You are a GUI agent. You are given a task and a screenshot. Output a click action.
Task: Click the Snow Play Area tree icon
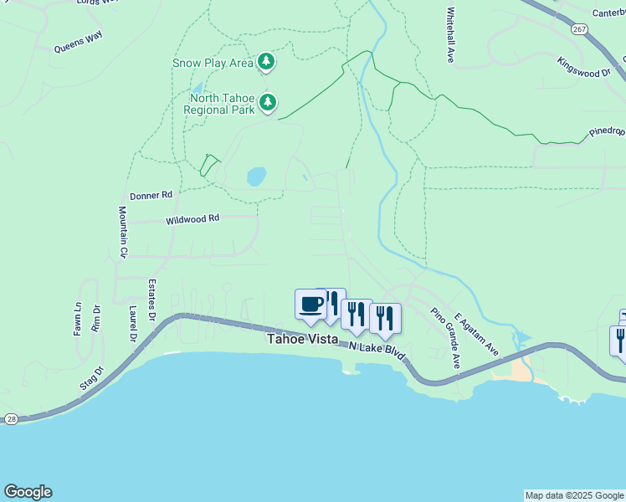coord(266,61)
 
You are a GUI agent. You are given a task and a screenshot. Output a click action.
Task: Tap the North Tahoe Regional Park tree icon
coord(267,103)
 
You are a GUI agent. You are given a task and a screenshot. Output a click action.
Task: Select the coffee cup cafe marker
coord(311,304)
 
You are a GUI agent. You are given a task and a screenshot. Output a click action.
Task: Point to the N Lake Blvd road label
coord(377,351)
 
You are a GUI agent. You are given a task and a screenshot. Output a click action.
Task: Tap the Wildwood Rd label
coord(192,219)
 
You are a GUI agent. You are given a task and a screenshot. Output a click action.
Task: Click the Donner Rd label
coord(151,194)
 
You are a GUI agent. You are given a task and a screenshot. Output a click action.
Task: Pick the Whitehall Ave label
coord(450,36)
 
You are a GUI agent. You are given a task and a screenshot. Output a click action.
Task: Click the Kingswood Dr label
coord(584,66)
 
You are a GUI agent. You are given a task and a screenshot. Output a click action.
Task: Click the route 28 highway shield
coord(10,418)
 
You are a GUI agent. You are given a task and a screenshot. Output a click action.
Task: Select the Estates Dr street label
coord(152,300)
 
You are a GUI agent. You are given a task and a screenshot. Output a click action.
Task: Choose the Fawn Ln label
coord(78,319)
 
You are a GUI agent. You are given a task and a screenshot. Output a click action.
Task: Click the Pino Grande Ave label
coord(446,338)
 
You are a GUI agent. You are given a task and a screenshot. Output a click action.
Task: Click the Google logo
coord(28,492)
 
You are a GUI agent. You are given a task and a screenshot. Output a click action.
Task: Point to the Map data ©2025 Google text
coord(574,495)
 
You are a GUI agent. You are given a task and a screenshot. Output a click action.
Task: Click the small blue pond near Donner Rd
coord(256,177)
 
